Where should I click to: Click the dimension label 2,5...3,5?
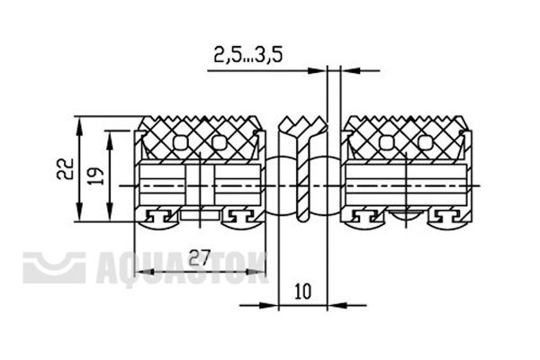[x=248, y=55]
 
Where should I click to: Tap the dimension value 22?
[x=65, y=168]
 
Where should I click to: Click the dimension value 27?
[x=199, y=257]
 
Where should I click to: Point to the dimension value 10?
[x=302, y=292]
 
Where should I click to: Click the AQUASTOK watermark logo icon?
[x=54, y=267]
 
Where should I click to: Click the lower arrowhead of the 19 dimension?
[x=110, y=211]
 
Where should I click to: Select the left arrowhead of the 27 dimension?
[x=144, y=272]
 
